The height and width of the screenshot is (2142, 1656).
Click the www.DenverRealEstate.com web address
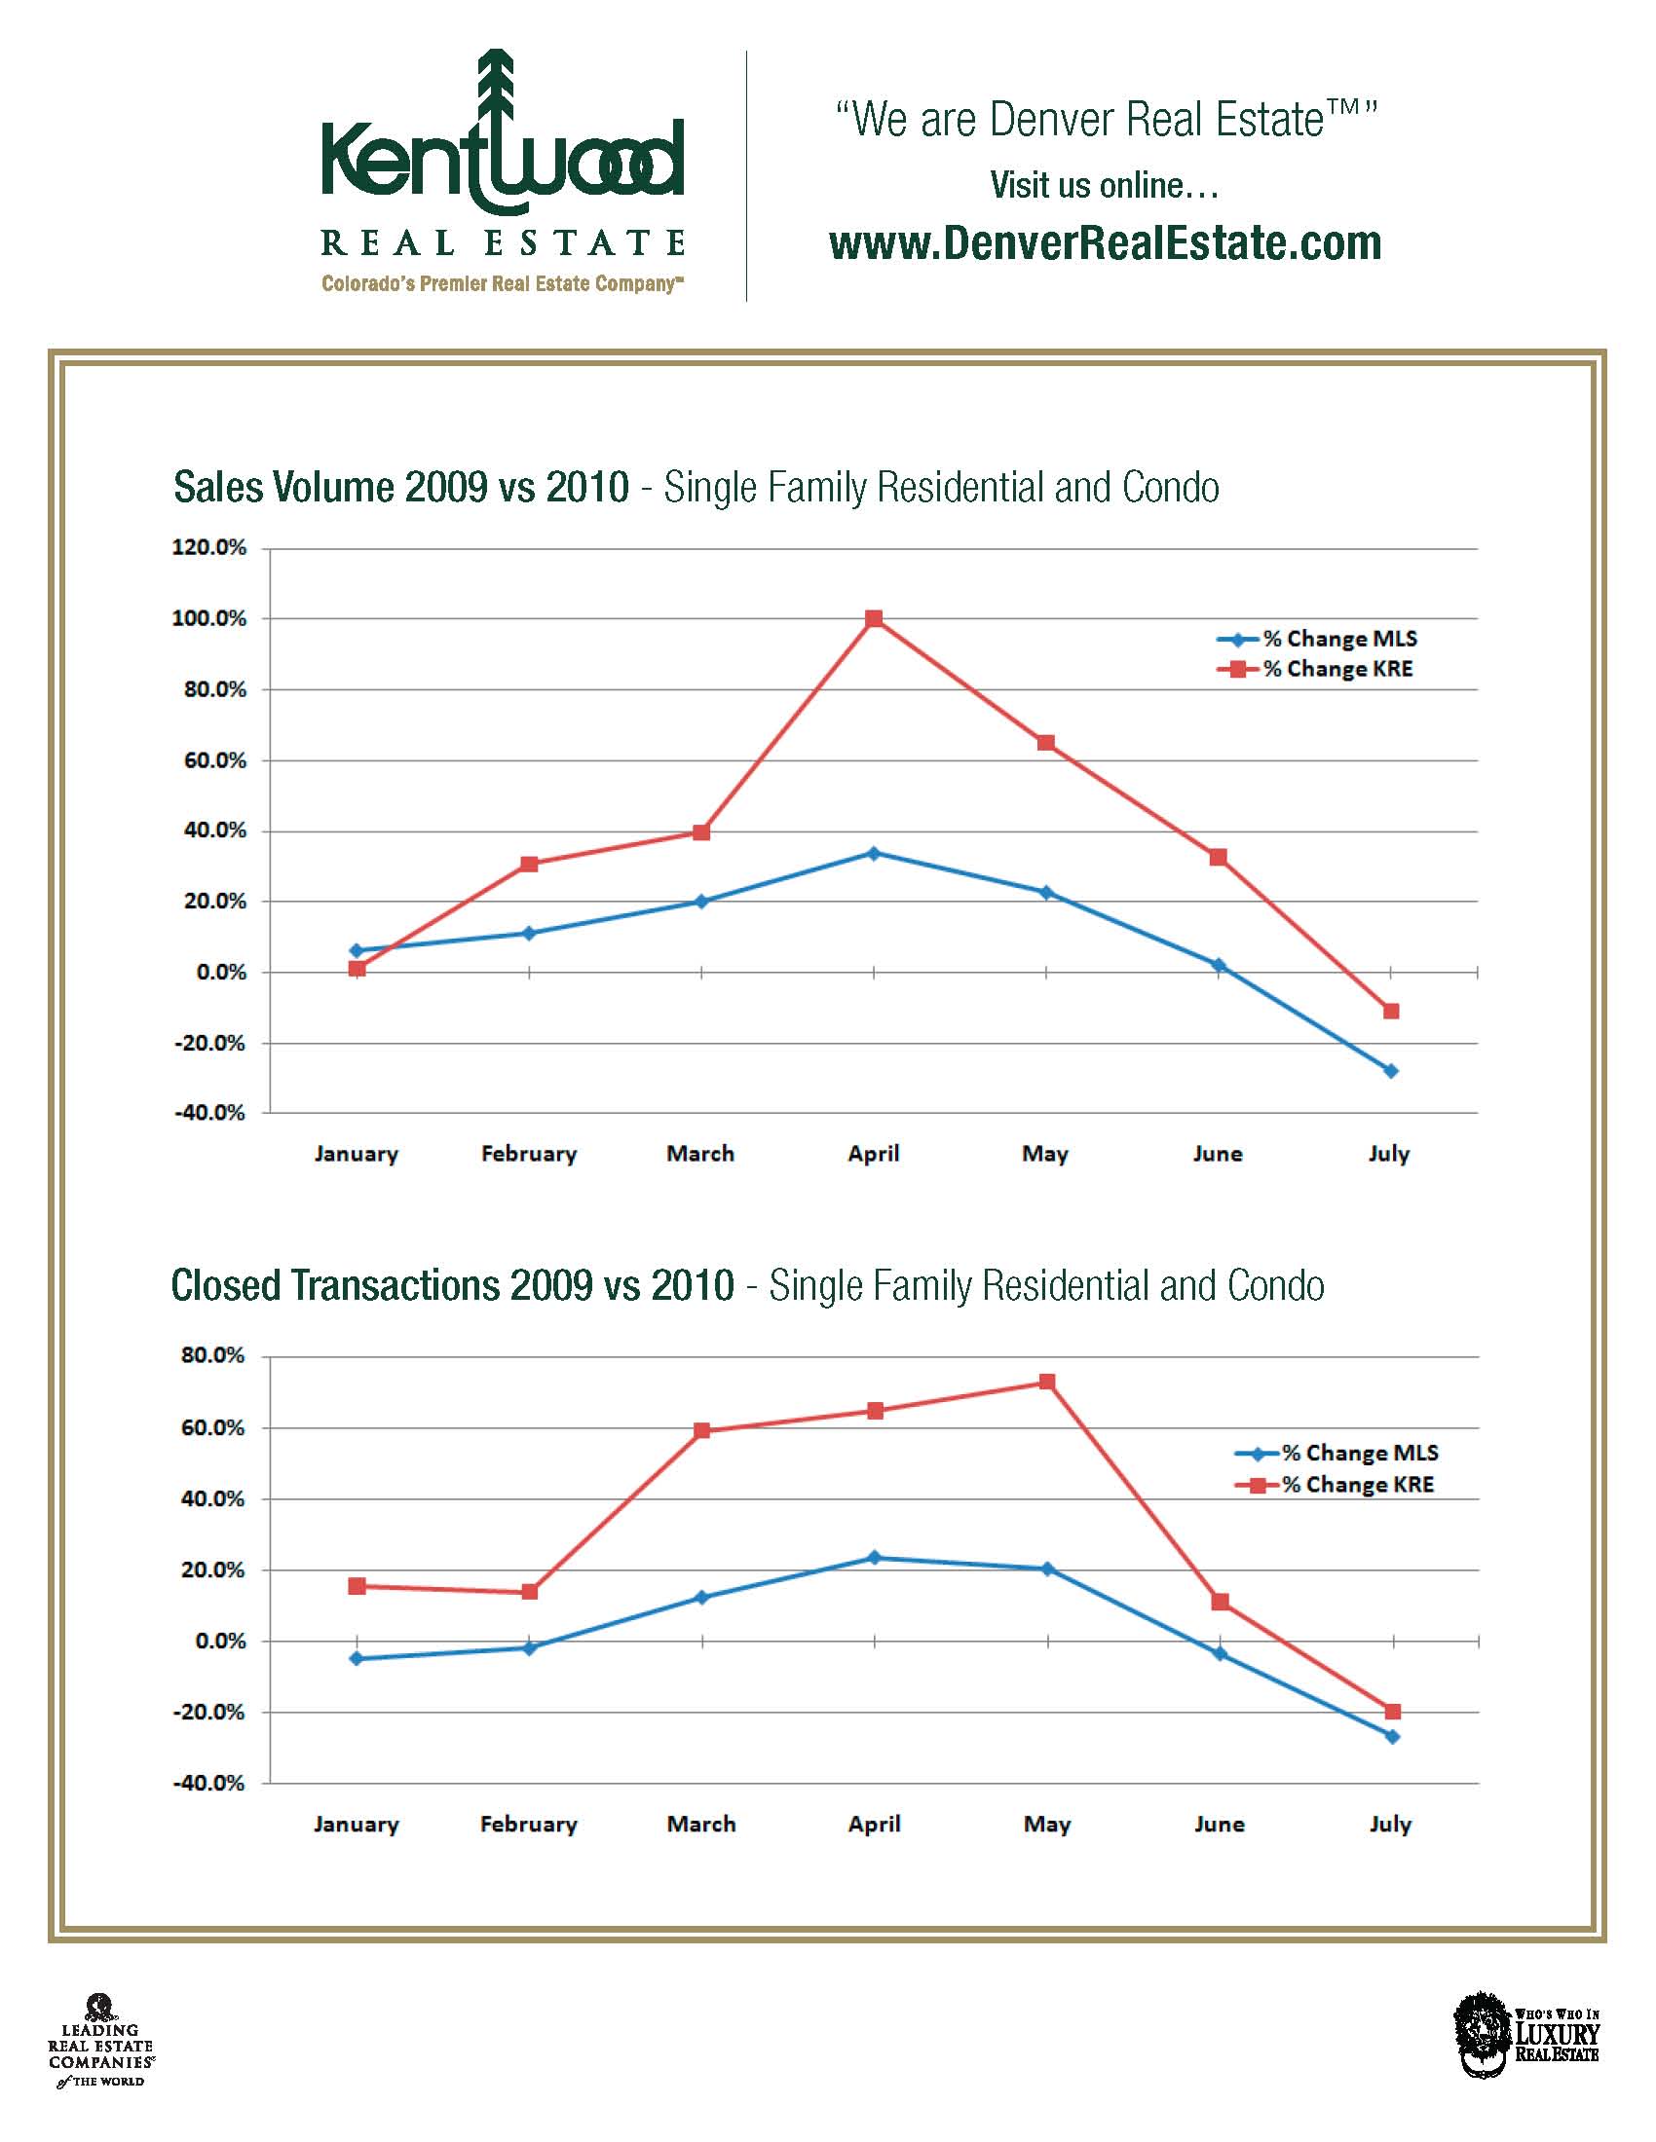tap(1105, 243)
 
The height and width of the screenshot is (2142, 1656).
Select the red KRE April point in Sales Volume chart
tap(874, 619)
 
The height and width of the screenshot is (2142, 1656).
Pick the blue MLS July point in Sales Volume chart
tap(1390, 1071)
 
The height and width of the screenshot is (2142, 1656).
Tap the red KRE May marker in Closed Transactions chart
tap(1047, 1382)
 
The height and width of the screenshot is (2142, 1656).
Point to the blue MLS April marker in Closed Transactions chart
tap(875, 1558)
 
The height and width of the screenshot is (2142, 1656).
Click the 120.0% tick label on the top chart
tap(209, 547)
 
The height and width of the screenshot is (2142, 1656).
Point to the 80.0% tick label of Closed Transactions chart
tap(212, 1355)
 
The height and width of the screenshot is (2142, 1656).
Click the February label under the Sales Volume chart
tap(529, 1154)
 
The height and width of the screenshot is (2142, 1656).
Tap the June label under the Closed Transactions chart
tap(1219, 1825)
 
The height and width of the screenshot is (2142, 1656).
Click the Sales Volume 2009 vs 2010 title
tap(400, 488)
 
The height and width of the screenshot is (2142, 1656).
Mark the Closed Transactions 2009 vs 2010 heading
tap(452, 1286)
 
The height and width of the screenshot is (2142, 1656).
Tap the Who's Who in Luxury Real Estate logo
tap(1526, 2033)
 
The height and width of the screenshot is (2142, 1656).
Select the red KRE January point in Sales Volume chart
tap(358, 969)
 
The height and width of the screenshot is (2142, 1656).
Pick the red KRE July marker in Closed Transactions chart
tap(1392, 1712)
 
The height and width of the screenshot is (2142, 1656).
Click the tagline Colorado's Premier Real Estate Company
tap(502, 284)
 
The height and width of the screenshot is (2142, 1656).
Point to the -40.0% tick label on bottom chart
tap(209, 1783)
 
